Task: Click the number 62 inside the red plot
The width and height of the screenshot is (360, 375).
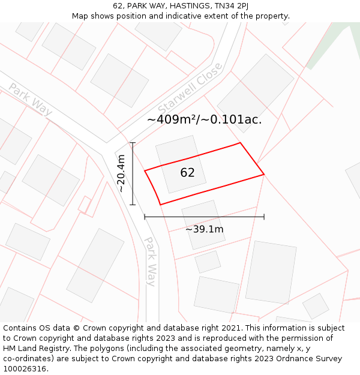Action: click(x=187, y=173)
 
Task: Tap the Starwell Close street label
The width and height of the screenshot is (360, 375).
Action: click(x=191, y=90)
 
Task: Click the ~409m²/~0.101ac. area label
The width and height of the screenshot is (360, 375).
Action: click(x=204, y=119)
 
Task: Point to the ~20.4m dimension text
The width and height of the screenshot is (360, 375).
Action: click(x=121, y=173)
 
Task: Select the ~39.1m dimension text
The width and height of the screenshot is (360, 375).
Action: click(x=204, y=229)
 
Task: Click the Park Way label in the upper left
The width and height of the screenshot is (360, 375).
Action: click(x=30, y=99)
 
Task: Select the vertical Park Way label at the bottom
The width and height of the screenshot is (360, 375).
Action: click(x=151, y=262)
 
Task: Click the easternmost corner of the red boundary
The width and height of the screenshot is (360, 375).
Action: click(x=264, y=174)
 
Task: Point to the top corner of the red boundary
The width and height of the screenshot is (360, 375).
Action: click(x=241, y=143)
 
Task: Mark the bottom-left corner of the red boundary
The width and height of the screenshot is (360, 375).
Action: click(x=160, y=205)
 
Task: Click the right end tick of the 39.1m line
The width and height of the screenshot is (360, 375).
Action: click(x=264, y=217)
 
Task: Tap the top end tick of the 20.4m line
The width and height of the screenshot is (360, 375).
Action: click(x=133, y=143)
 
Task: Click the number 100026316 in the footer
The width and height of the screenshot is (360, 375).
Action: click(x=25, y=369)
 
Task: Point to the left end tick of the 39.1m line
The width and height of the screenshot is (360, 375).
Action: click(x=145, y=217)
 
